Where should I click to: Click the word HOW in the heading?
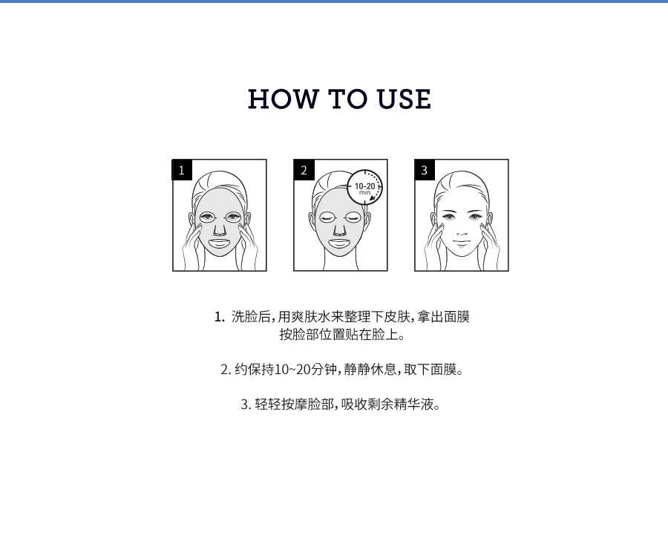point(283,99)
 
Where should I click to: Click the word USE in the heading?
point(404,99)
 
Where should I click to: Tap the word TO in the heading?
point(347,99)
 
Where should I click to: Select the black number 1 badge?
point(182,170)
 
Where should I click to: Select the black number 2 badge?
point(304,170)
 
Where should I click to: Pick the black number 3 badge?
point(425,170)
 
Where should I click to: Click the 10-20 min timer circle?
point(364,188)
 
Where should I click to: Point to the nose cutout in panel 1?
point(220,229)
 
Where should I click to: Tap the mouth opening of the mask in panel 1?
point(220,244)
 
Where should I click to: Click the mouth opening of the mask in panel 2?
point(339,244)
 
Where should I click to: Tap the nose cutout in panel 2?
point(339,229)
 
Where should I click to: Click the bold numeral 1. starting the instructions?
point(220,317)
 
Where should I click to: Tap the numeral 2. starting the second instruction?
point(226,370)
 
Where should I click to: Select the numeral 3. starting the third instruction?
point(246,405)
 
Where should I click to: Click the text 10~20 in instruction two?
point(292,370)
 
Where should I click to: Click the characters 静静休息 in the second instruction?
point(370,370)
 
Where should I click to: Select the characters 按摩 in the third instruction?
point(295,405)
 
